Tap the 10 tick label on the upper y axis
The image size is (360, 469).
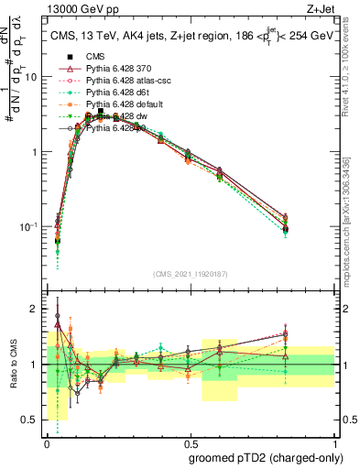tap(34, 77)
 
